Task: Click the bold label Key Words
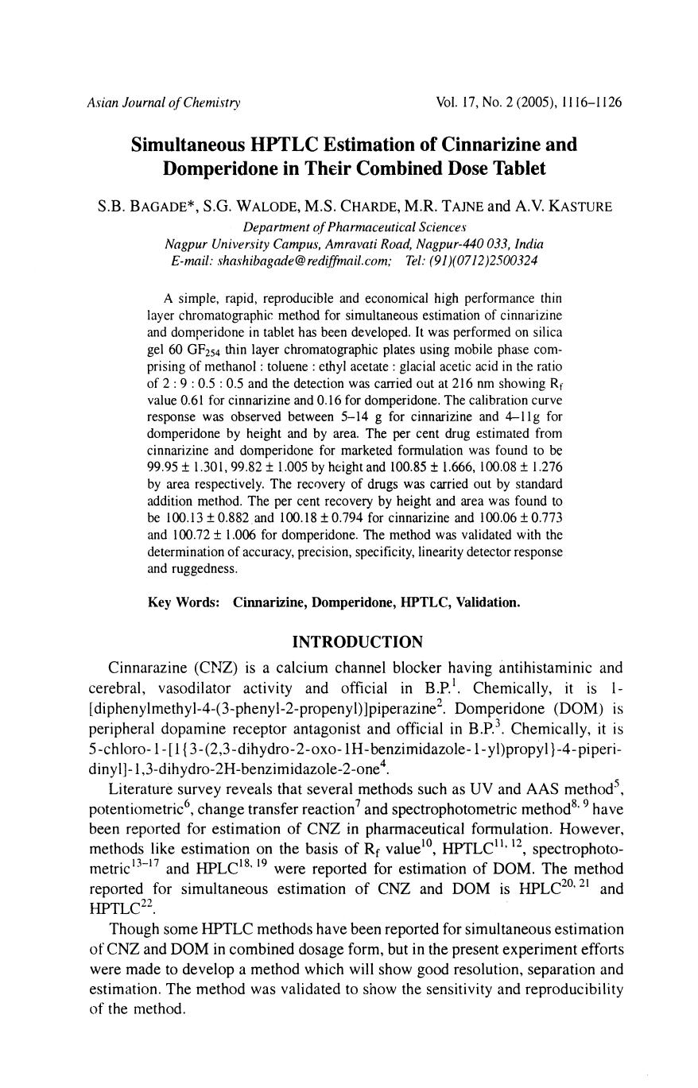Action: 184,602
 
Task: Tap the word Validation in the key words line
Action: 486,602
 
